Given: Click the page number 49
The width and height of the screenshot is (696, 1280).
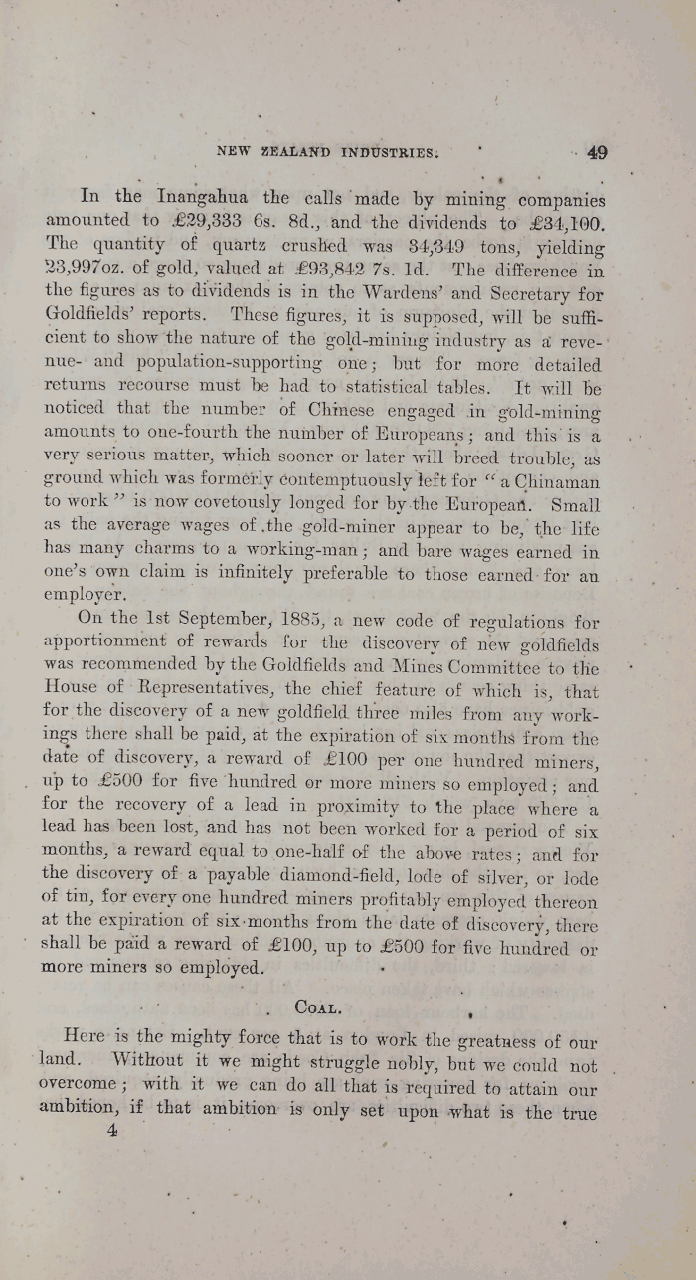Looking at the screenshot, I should point(597,153).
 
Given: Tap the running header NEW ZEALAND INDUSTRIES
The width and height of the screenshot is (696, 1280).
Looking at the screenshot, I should point(327,153).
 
